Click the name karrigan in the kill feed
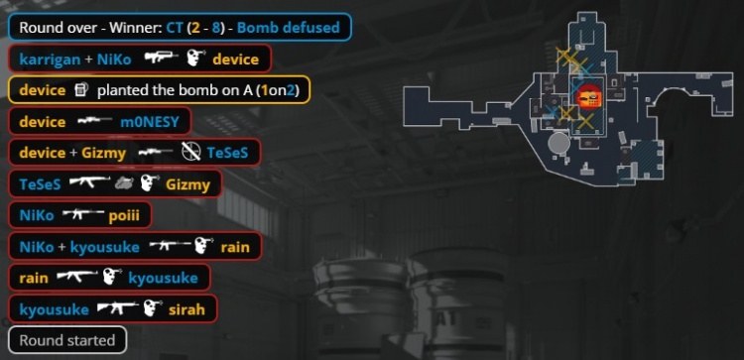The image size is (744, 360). (x=50, y=60)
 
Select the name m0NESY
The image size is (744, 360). (x=150, y=122)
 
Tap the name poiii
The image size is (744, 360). (x=124, y=215)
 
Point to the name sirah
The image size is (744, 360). (x=186, y=309)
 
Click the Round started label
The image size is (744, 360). (x=67, y=340)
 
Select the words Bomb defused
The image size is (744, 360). (x=289, y=28)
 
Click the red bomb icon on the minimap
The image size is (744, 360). (x=588, y=98)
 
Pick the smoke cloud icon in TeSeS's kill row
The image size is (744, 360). (x=124, y=184)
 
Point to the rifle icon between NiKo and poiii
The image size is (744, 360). (x=83, y=215)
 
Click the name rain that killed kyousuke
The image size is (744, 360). (x=34, y=278)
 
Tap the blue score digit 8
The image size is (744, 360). (x=216, y=28)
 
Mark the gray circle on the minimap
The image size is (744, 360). (x=558, y=143)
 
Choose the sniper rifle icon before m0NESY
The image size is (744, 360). (x=94, y=121)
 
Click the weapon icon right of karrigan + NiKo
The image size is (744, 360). (x=162, y=58)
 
